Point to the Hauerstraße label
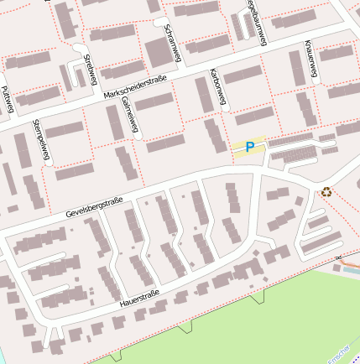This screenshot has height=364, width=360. [x=139, y=298]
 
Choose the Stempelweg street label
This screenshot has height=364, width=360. [x=40, y=139]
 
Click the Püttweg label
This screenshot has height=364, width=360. [x=6, y=100]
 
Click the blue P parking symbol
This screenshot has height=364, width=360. [x=249, y=147]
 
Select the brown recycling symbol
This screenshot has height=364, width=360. [x=326, y=192]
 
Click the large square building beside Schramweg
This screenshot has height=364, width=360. [x=157, y=52]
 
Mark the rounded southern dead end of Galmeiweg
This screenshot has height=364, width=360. [x=137, y=133]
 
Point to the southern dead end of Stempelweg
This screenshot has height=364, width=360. [x=53, y=163]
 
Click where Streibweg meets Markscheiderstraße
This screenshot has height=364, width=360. [x=98, y=92]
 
